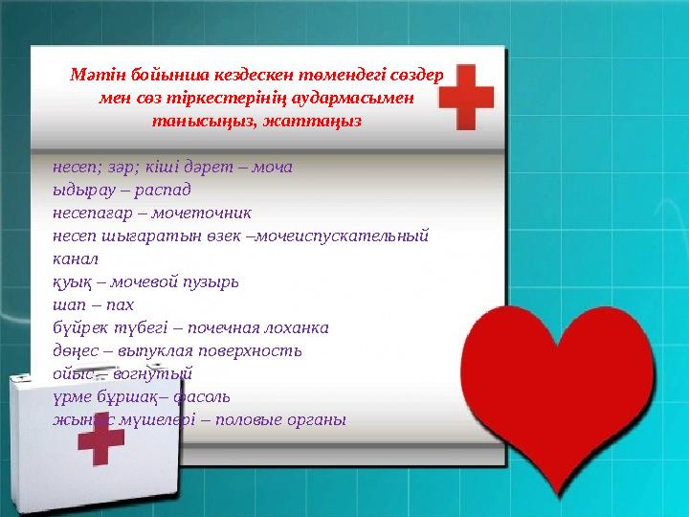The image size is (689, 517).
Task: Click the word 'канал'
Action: click(76, 258)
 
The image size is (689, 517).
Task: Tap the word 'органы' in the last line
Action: click(317, 419)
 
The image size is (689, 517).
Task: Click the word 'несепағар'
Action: click(91, 212)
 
